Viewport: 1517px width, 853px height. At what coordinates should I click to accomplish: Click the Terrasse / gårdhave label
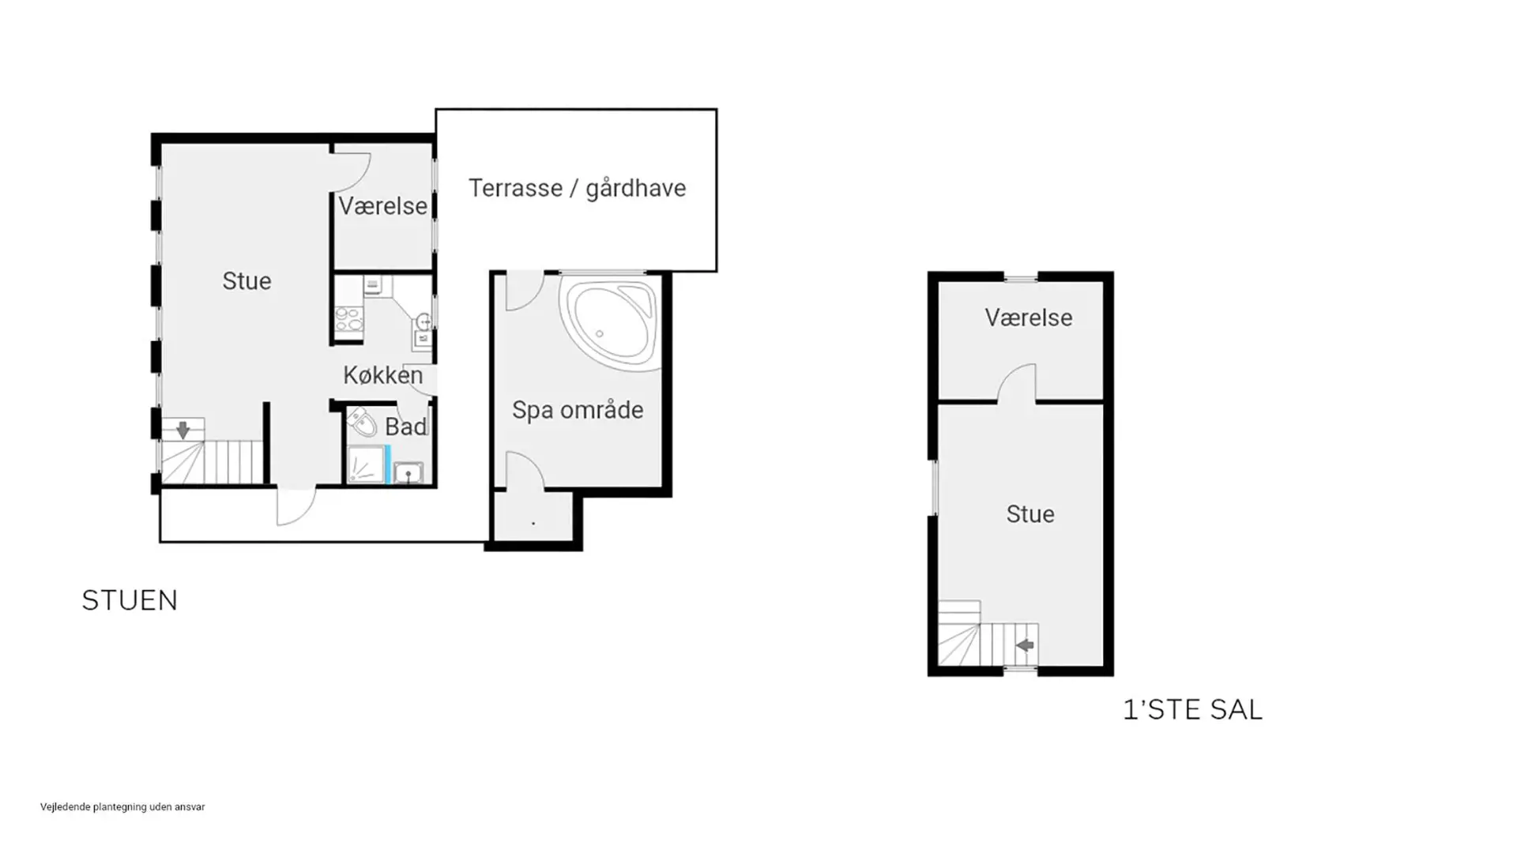pyautogui.click(x=577, y=188)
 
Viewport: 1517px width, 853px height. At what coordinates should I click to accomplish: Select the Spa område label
pyautogui.click(x=578, y=410)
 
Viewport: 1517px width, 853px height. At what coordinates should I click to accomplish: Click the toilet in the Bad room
pyautogui.click(x=361, y=423)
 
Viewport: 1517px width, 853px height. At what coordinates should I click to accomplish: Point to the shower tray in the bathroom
pyautogui.click(x=366, y=464)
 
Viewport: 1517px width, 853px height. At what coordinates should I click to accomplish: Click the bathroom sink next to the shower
pyautogui.click(x=408, y=472)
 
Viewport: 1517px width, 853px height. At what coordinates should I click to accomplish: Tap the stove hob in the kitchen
pyautogui.click(x=348, y=319)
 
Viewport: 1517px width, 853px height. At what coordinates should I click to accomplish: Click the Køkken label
pyautogui.click(x=383, y=375)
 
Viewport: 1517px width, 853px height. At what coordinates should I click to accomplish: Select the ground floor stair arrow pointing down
pyautogui.click(x=183, y=430)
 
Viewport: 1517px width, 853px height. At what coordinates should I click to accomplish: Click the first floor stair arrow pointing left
pyautogui.click(x=1025, y=645)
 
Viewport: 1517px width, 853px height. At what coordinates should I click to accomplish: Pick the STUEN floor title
pyautogui.click(x=130, y=600)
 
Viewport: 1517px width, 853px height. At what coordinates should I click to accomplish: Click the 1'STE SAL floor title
pyautogui.click(x=1192, y=709)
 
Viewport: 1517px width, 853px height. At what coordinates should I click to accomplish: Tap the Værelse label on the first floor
pyautogui.click(x=1029, y=318)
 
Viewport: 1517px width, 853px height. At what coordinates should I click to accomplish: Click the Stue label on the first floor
pyautogui.click(x=1030, y=514)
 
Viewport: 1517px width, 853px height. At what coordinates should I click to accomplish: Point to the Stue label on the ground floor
pyautogui.click(x=247, y=281)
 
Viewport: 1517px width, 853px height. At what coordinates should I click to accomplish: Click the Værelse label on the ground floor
pyautogui.click(x=383, y=206)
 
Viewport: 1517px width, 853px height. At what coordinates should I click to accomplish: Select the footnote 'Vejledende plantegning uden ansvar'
pyautogui.click(x=122, y=806)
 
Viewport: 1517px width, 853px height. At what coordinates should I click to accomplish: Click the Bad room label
pyautogui.click(x=405, y=427)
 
